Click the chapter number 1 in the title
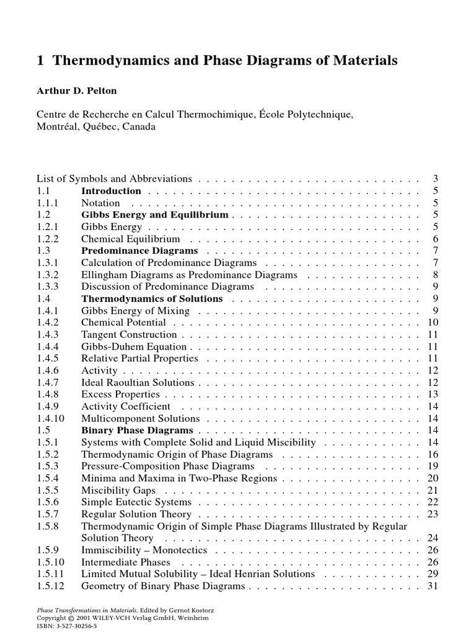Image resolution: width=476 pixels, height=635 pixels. click(x=42, y=61)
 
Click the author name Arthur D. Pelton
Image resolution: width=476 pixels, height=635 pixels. click(x=77, y=91)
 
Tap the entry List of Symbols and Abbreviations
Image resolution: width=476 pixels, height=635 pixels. click(x=115, y=179)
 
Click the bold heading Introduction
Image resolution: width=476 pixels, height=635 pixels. click(x=112, y=191)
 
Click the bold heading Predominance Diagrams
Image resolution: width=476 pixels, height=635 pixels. click(x=139, y=251)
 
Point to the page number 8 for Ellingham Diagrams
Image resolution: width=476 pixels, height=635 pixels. click(x=436, y=275)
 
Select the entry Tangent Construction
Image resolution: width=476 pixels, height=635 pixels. click(x=129, y=335)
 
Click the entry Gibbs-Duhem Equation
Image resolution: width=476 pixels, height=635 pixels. click(x=134, y=347)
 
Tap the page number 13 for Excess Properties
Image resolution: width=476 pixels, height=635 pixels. click(x=433, y=394)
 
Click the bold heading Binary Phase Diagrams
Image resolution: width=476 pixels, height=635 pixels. click(x=137, y=430)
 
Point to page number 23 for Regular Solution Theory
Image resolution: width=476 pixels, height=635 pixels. click(x=433, y=514)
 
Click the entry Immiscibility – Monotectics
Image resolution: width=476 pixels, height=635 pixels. click(x=144, y=550)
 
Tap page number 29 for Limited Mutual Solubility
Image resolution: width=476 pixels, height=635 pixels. click(x=433, y=574)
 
